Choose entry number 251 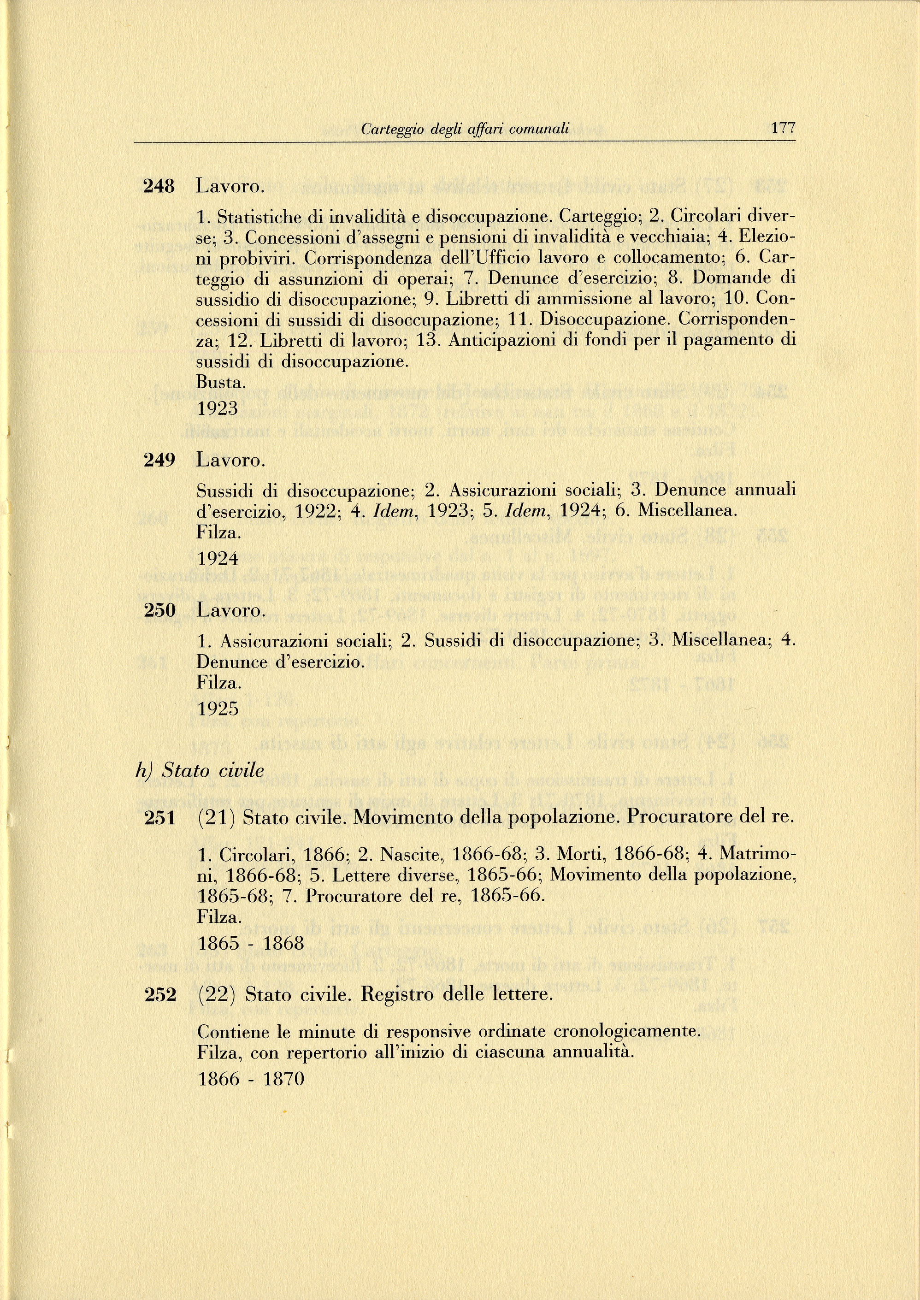[160, 817]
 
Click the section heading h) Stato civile [201, 770]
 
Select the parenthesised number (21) [216, 817]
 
